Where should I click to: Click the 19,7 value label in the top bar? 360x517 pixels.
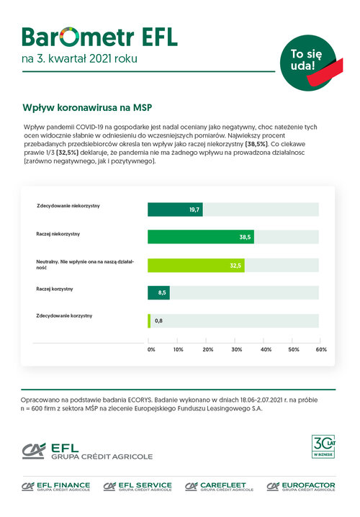pyautogui.click(x=194, y=210)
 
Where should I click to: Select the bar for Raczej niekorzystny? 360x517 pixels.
pyautogui.click(x=201, y=237)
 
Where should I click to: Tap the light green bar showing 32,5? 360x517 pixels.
pyautogui.click(x=196, y=266)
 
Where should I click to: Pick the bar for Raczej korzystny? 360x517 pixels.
pyautogui.click(x=158, y=292)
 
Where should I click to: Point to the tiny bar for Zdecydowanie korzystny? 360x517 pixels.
pyautogui.click(x=149, y=321)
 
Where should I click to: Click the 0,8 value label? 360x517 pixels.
pyautogui.click(x=158, y=321)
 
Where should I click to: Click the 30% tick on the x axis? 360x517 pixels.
pyautogui.click(x=237, y=349)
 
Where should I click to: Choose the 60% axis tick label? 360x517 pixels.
pyautogui.click(x=321, y=349)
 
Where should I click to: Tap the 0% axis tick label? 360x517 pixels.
pyautogui.click(x=151, y=349)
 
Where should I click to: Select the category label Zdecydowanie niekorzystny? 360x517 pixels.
pyautogui.click(x=68, y=206)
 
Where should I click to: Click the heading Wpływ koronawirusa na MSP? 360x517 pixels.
pyautogui.click(x=87, y=107)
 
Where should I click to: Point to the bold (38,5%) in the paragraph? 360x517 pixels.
pyautogui.click(x=256, y=144)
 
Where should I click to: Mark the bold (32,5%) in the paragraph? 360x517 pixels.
pyautogui.click(x=67, y=153)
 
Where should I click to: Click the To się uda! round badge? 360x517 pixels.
pyautogui.click(x=309, y=63)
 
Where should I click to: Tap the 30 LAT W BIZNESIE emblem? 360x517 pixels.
pyautogui.click(x=323, y=446)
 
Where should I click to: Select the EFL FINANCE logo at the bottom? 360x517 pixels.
pyautogui.click(x=55, y=487)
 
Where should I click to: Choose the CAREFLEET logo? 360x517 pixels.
pyautogui.click(x=219, y=487)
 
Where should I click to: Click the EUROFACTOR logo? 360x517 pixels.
pyautogui.click(x=301, y=487)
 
